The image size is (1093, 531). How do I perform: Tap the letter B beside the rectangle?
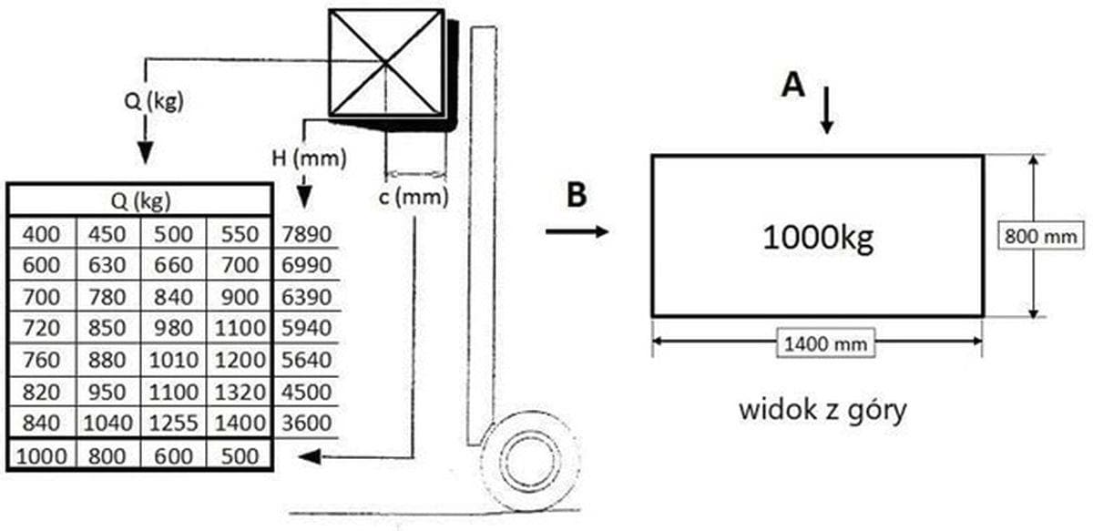pos(576,196)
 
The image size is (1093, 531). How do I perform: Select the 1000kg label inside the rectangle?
pos(817,238)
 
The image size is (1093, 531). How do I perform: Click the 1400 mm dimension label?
pos(817,343)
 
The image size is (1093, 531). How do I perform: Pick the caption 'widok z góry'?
pos(822,409)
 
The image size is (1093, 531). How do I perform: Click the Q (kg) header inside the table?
pos(139,199)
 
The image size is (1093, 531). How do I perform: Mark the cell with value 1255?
pos(173,424)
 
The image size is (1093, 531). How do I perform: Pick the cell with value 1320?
pos(239,393)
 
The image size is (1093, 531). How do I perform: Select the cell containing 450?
pos(107,234)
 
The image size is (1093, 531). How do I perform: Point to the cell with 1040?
pos(107,424)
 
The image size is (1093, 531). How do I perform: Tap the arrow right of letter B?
pos(577,232)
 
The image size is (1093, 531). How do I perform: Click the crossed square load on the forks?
pos(387,63)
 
